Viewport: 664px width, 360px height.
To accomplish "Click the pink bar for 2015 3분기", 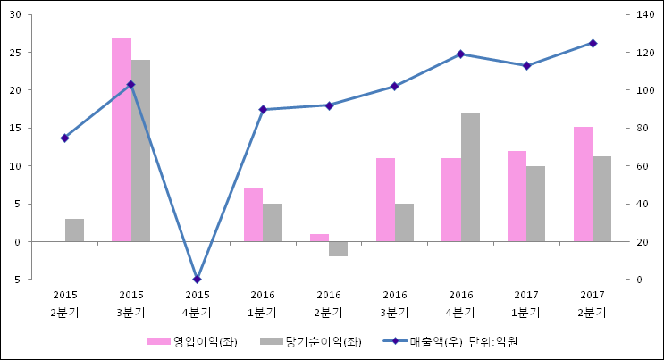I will pyautogui.click(x=122, y=139).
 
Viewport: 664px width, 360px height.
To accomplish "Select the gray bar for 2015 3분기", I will pyautogui.click(x=140, y=150).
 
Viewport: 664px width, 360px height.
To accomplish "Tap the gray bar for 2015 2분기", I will pyautogui.click(x=74, y=230).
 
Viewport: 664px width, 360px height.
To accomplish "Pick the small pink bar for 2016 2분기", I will pyautogui.click(x=319, y=238).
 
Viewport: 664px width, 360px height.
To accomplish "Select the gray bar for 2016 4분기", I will pyautogui.click(x=470, y=177).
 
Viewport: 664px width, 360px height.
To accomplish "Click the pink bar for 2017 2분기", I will pyautogui.click(x=583, y=184).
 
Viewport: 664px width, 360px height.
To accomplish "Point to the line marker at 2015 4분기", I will pyautogui.click(x=197, y=279).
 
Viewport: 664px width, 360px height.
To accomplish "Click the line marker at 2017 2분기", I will pyautogui.click(x=593, y=43).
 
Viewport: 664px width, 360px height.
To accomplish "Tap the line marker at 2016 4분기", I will pyautogui.click(x=460, y=54).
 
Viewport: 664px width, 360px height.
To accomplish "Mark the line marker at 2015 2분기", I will pyautogui.click(x=64, y=138).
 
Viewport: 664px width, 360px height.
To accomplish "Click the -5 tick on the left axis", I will pyautogui.click(x=17, y=280).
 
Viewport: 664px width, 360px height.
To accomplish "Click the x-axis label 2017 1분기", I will pyautogui.click(x=526, y=304).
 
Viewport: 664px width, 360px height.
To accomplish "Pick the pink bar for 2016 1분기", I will pyautogui.click(x=253, y=214).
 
